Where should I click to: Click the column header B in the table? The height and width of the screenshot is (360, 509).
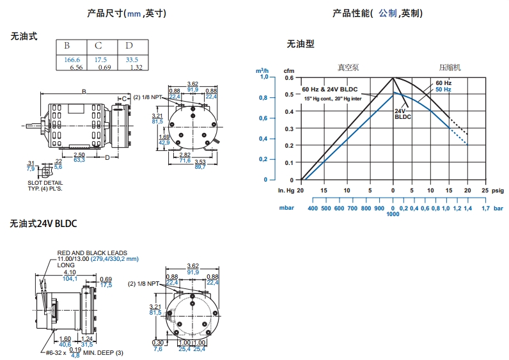(x=67, y=46)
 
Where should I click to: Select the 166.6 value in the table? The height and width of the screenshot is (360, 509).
(x=72, y=59)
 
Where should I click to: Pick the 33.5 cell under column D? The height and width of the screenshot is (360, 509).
(x=132, y=59)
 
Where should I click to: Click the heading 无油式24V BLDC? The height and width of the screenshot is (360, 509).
(x=43, y=224)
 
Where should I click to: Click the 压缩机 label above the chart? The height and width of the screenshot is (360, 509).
(x=449, y=67)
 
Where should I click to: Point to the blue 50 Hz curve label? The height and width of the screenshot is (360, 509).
(x=443, y=90)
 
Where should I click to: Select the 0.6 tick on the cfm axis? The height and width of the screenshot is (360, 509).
(x=289, y=77)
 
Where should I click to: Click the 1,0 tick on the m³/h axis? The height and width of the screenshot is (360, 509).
(x=264, y=77)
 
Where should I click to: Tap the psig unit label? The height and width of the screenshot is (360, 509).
(x=498, y=190)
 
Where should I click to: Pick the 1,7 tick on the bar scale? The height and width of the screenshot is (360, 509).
(x=485, y=208)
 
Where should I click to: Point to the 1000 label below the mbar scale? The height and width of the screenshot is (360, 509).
(x=393, y=214)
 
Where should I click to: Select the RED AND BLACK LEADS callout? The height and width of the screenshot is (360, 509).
(x=92, y=253)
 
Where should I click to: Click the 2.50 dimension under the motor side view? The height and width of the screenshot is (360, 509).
(x=79, y=155)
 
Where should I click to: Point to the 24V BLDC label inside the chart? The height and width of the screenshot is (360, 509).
(x=402, y=114)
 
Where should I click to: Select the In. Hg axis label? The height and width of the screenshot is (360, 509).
(x=285, y=190)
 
